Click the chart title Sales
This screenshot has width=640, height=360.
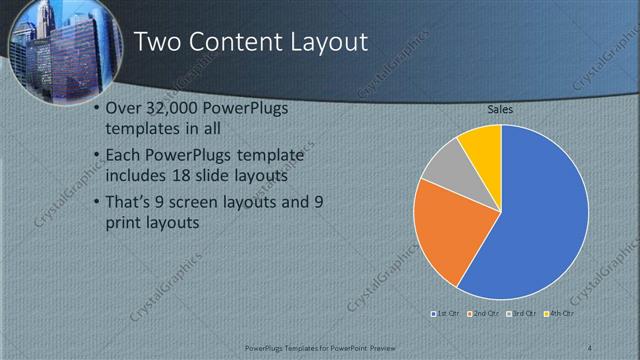501,109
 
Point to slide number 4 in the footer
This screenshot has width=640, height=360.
589,347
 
